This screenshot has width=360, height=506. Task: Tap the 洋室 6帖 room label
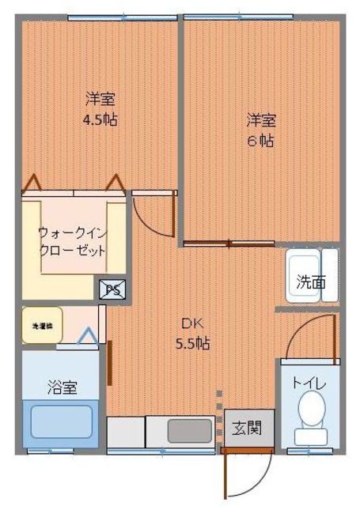[260, 130]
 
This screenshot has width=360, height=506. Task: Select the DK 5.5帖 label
[193, 333]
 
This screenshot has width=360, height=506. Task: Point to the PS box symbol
[112, 290]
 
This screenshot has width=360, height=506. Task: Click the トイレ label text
[309, 383]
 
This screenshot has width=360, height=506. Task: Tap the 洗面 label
[311, 281]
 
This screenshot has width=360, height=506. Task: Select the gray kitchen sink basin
[189, 432]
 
